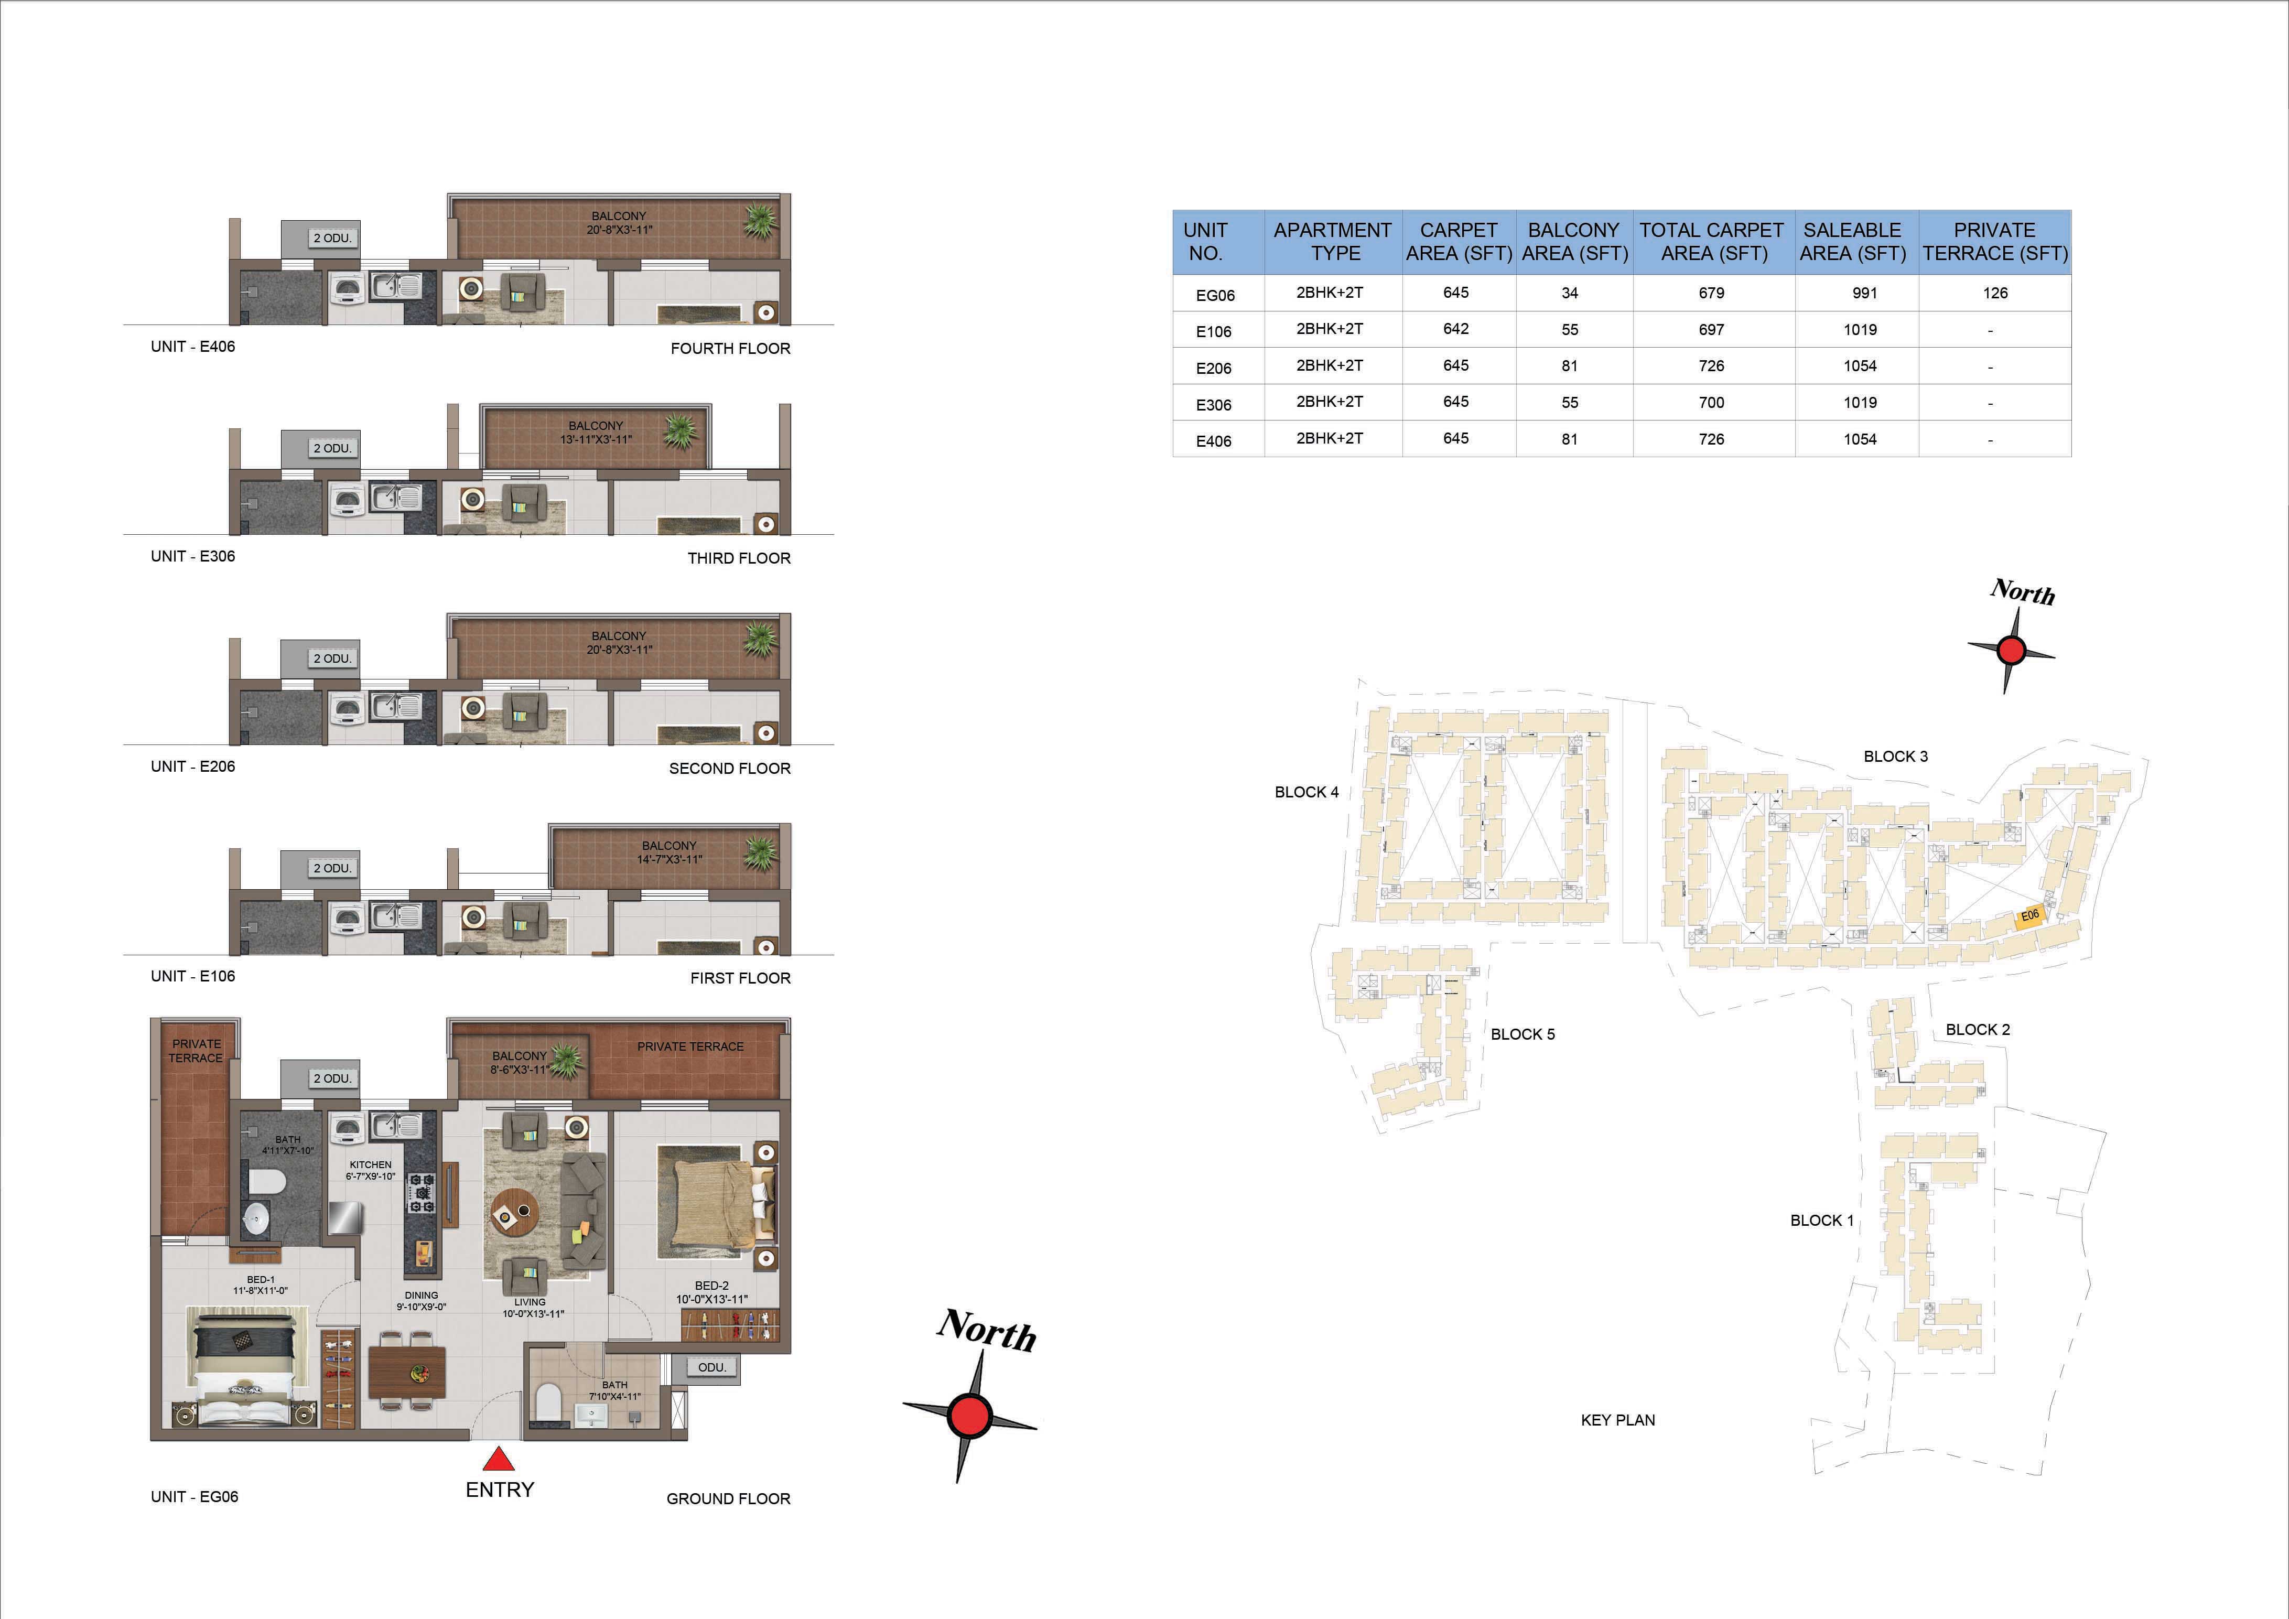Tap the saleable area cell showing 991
pyautogui.click(x=1864, y=293)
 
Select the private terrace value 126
pyautogui.click(x=1995, y=293)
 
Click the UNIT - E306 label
pyautogui.click(x=192, y=556)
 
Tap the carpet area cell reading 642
pyautogui.click(x=1455, y=329)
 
